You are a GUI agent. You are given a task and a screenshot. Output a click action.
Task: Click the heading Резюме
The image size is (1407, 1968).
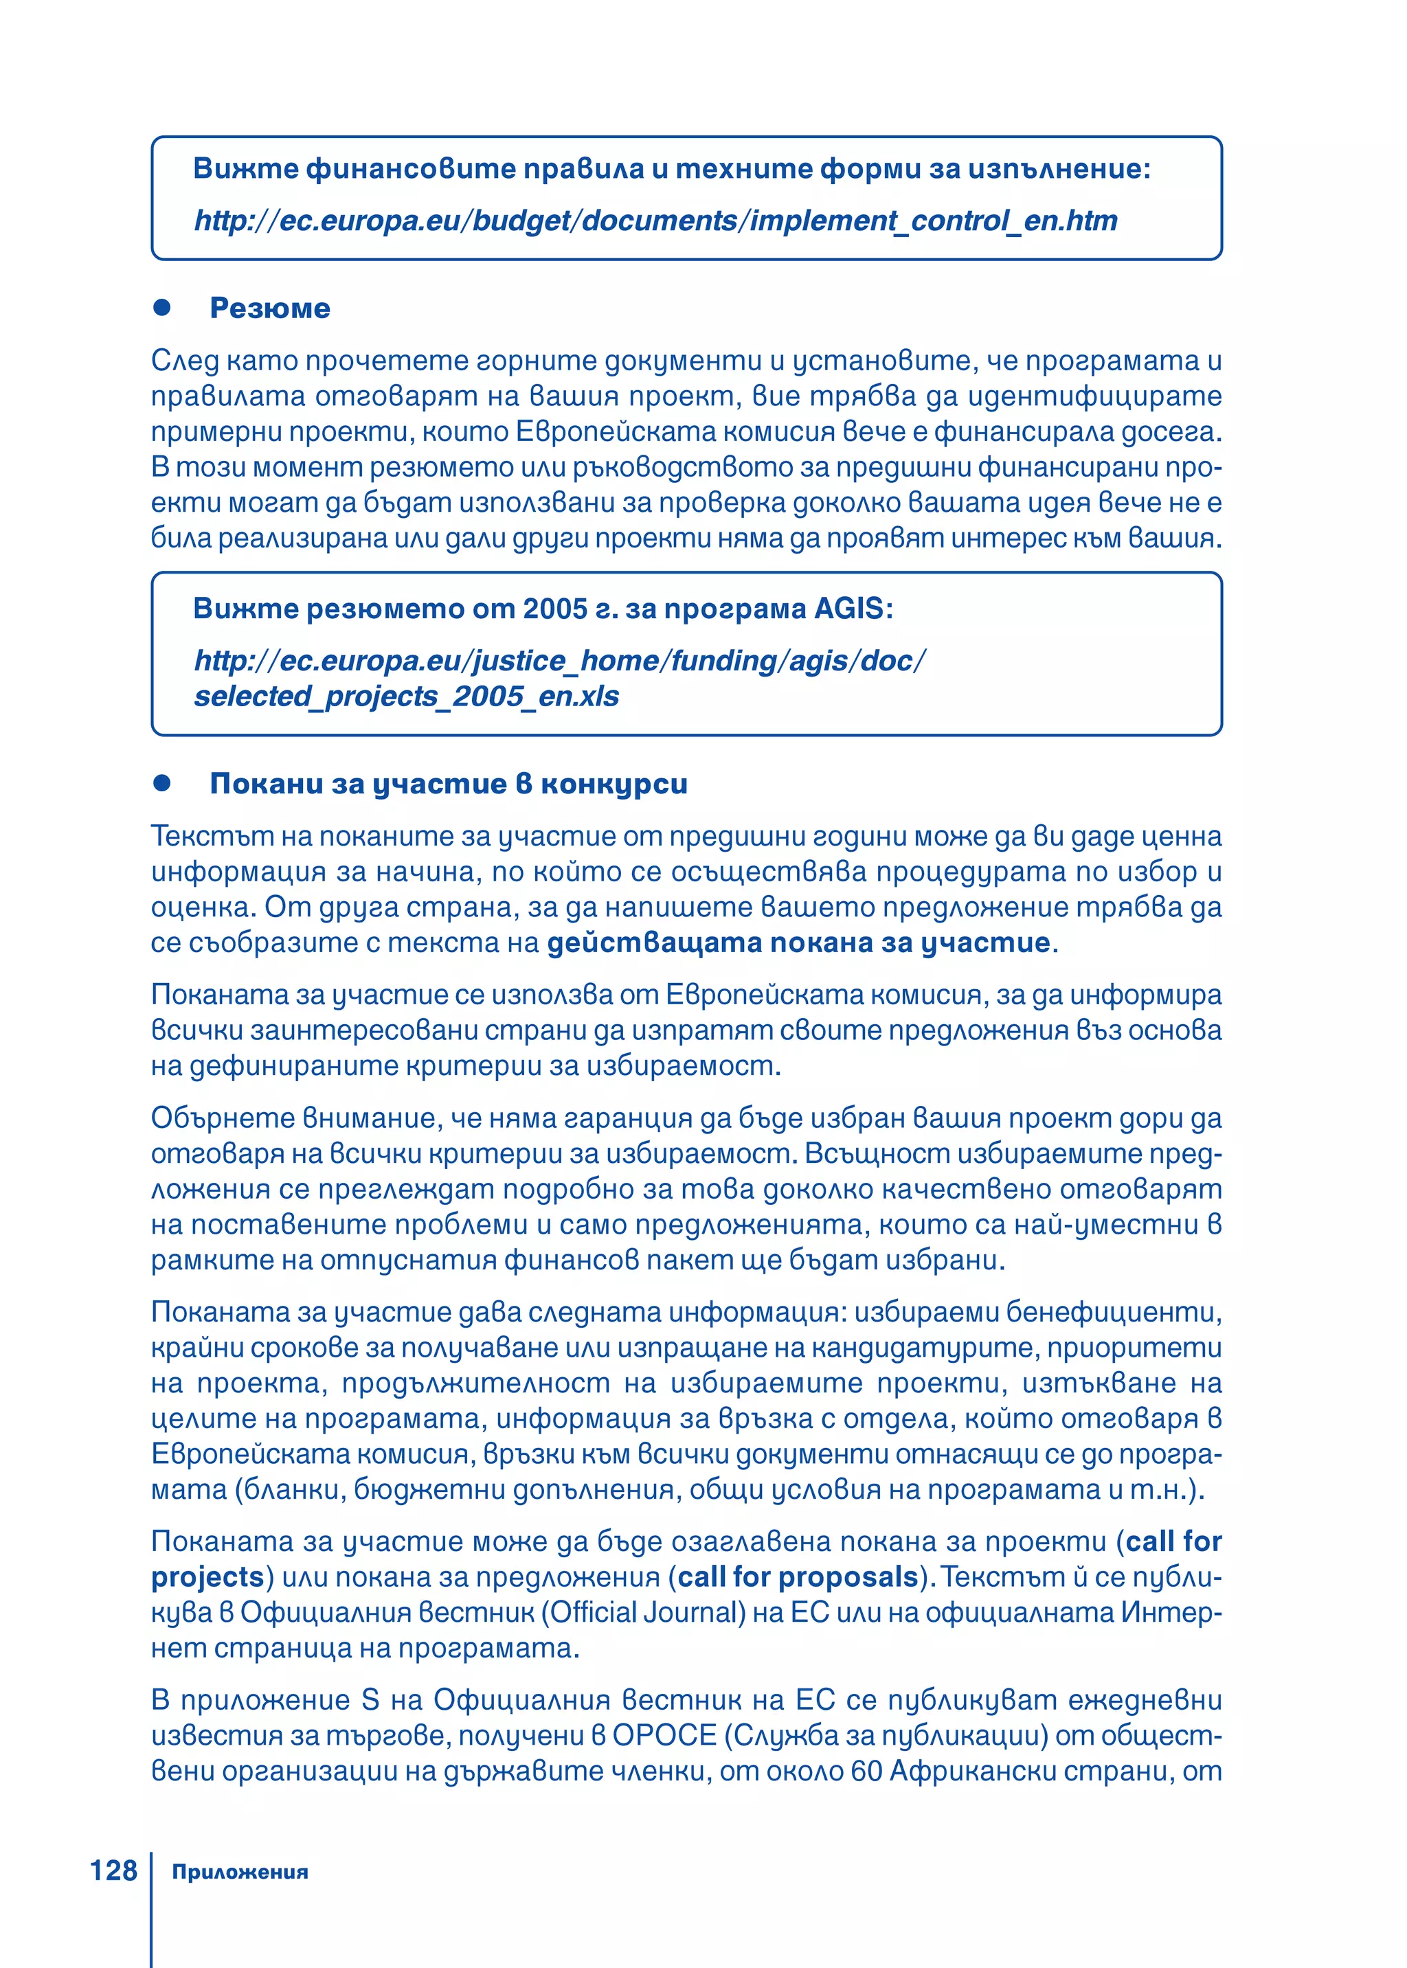click(x=269, y=308)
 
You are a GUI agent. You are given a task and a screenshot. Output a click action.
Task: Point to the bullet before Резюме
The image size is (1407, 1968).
click(x=162, y=308)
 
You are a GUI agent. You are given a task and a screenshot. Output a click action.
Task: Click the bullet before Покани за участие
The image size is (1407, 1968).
click(x=162, y=783)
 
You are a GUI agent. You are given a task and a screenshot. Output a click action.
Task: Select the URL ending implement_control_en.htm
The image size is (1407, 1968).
click(x=655, y=221)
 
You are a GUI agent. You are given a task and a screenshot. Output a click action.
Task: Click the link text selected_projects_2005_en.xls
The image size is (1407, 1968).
click(x=406, y=697)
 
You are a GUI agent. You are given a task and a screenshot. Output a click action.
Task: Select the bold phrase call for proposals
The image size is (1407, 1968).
click(x=797, y=1576)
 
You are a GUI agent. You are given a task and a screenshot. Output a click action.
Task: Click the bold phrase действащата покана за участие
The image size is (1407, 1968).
click(x=798, y=942)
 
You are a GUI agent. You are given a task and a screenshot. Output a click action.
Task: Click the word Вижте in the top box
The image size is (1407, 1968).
click(x=245, y=168)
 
